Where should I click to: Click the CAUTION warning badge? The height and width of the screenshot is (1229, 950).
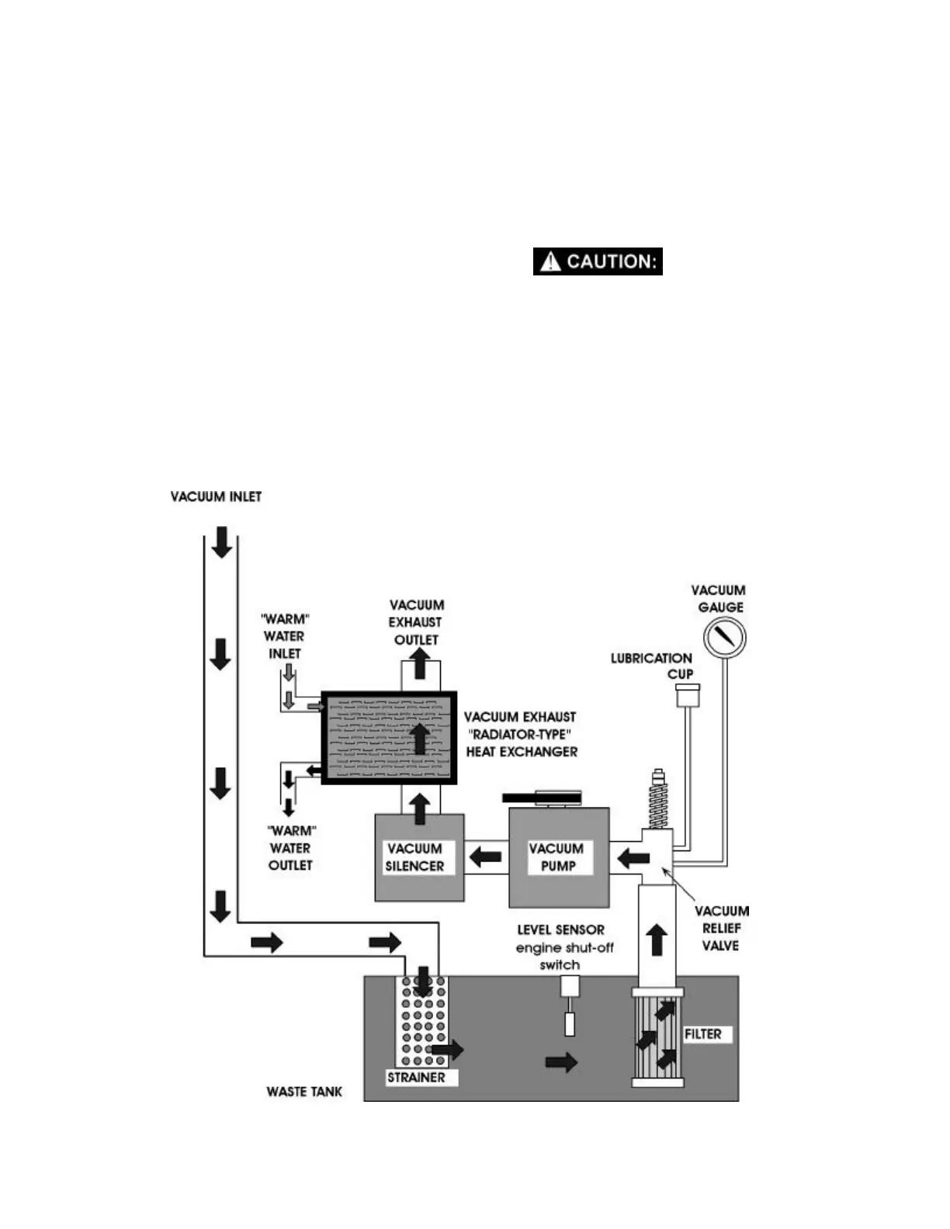pos(597,261)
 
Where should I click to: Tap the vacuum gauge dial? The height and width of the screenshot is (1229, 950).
pos(724,638)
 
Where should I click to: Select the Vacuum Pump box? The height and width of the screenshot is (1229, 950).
pos(559,857)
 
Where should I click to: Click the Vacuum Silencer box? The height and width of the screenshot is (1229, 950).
pos(419,857)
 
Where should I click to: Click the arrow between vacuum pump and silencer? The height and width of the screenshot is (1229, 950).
pos(486,857)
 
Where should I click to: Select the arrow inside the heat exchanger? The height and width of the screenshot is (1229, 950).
pos(420,738)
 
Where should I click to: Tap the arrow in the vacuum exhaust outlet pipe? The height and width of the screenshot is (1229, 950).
pos(420,664)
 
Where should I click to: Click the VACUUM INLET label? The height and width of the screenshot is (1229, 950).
pos(216,497)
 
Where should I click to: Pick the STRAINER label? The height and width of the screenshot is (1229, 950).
pos(417,1077)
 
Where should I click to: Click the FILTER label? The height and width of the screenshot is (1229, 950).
pos(703,1034)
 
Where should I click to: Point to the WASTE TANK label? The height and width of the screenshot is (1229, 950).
pos(304,1092)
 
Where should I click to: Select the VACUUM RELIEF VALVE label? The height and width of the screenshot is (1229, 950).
pos(721,928)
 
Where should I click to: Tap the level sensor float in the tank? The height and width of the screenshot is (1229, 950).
pos(570,1023)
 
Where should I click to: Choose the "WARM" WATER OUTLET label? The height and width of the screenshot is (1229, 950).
pos(290,848)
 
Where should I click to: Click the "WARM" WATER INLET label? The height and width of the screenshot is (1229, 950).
pos(284,636)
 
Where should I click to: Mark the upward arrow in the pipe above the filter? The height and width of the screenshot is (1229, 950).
pos(657,940)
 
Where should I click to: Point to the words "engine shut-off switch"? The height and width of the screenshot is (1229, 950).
pos(564,956)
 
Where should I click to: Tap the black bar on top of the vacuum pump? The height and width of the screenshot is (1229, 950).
pos(542,797)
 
